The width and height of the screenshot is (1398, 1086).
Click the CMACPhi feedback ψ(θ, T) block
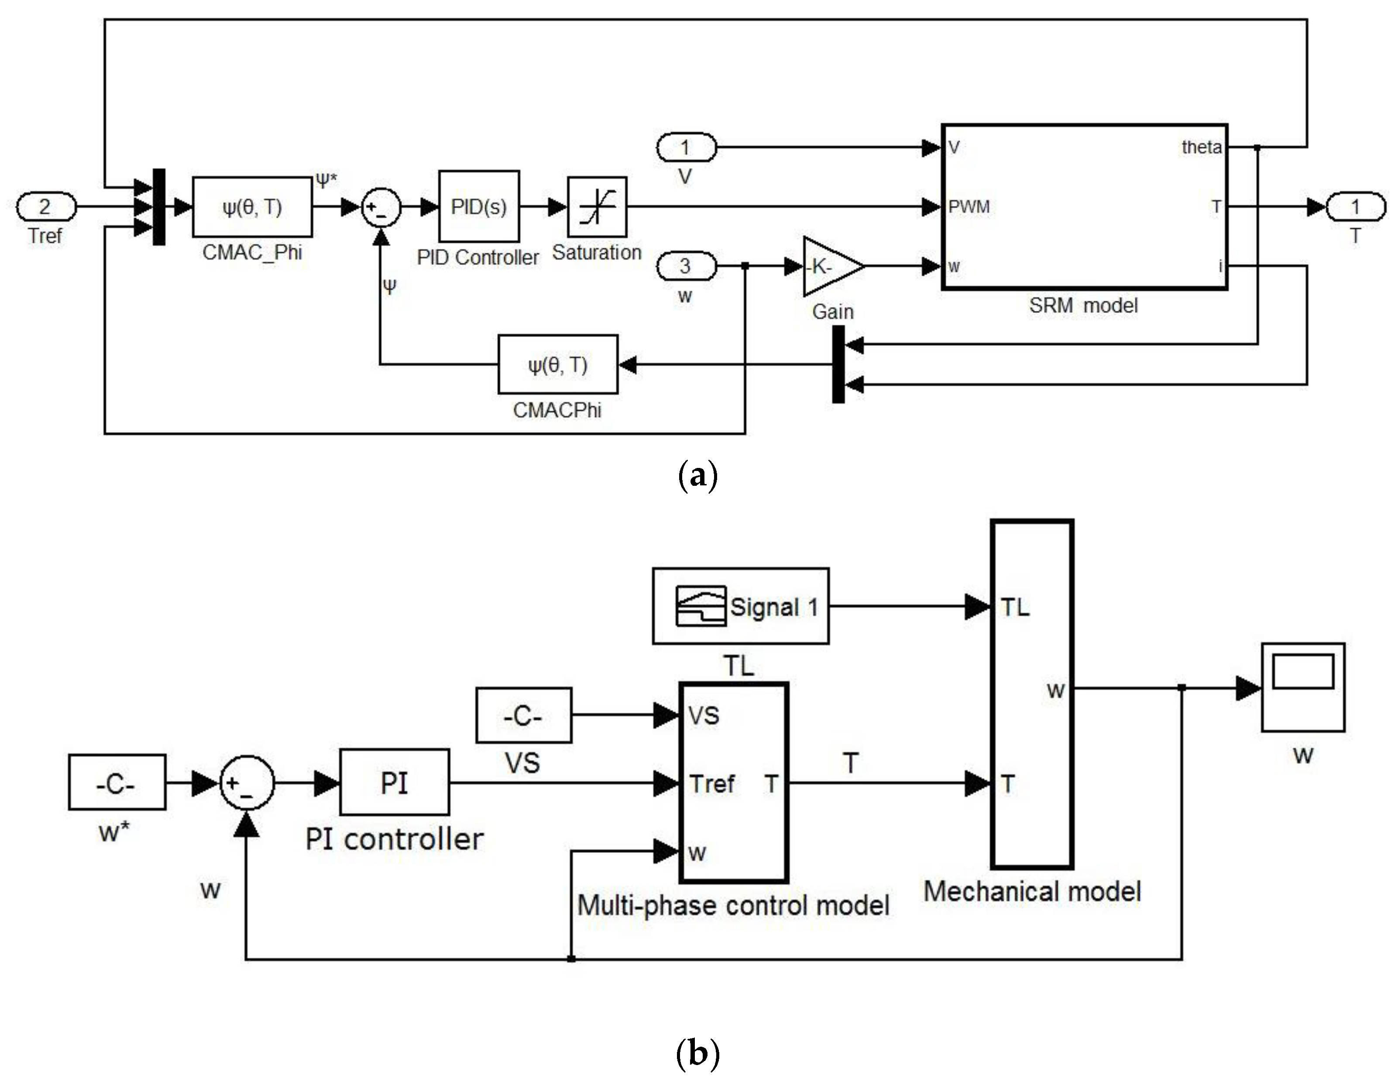point(557,365)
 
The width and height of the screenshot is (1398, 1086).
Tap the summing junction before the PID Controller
point(381,207)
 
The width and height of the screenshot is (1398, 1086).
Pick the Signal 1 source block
point(741,606)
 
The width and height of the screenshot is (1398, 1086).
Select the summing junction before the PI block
point(247,783)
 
